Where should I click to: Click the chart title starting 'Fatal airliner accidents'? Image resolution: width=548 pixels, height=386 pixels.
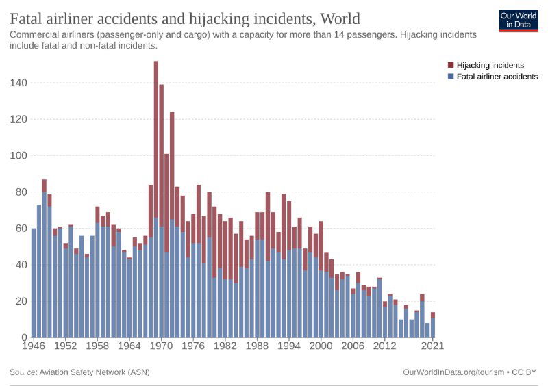click(185, 18)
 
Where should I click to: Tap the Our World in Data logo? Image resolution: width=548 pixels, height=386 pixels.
click(519, 21)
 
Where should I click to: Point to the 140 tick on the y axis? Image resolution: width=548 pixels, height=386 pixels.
click(19, 83)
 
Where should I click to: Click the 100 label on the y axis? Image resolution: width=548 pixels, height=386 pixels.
click(19, 155)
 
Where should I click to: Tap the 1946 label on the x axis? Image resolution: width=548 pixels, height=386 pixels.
click(33, 346)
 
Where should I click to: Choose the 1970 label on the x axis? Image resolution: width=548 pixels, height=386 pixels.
click(162, 346)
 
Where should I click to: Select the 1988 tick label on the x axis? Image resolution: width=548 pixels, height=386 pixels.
click(258, 346)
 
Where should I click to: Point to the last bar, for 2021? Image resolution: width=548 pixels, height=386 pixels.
click(433, 326)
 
